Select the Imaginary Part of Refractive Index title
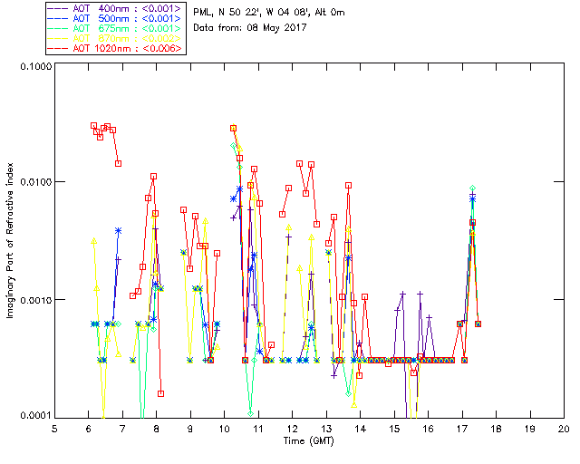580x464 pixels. tap(11, 240)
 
